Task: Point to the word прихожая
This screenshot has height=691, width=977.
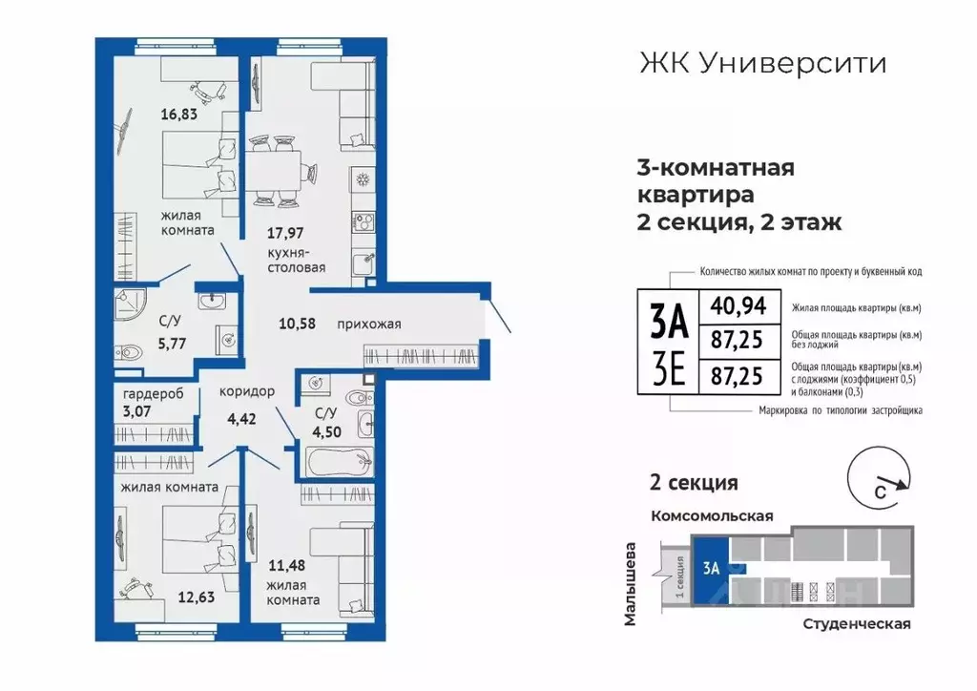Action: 368,325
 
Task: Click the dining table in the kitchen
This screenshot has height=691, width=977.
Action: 277,171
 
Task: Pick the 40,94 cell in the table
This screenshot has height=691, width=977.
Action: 735,306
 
